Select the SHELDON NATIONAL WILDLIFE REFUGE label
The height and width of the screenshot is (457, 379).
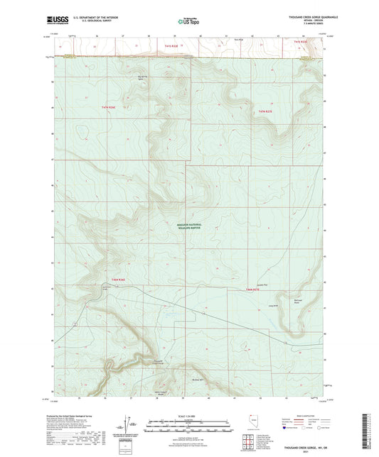pyautogui.click(x=188, y=226)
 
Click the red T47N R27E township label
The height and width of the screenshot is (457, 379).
pyautogui.click(x=266, y=111)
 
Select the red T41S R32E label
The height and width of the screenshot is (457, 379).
pyautogui.click(x=301, y=43)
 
